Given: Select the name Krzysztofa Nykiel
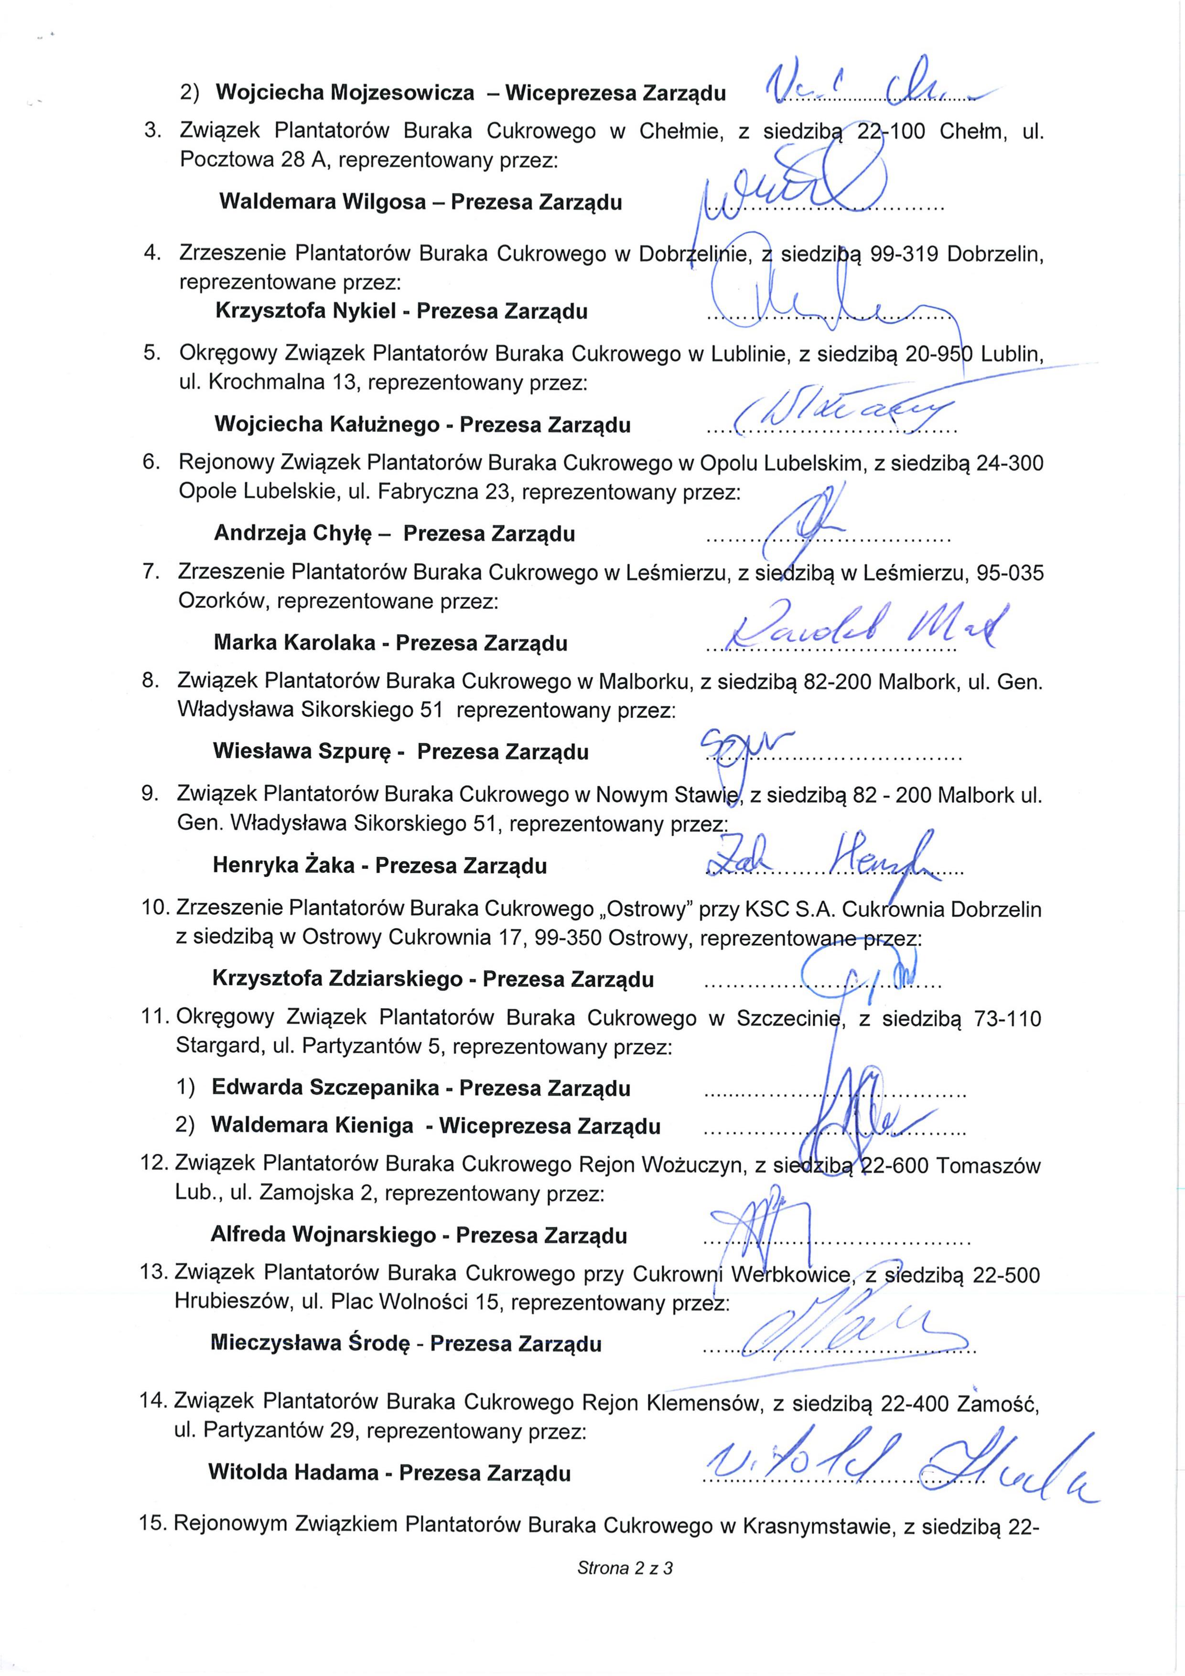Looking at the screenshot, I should pos(305,312).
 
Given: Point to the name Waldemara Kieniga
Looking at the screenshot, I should pos(312,1126).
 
